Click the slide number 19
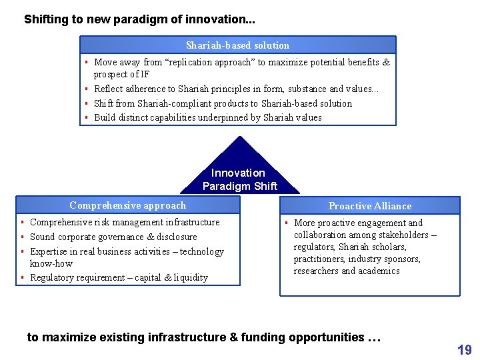[464, 349]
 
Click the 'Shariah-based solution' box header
[237, 45]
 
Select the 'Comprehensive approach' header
[127, 205]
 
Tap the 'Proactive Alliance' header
[370, 206]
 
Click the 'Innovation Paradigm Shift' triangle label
[239, 179]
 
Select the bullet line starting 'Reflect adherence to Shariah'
[236, 89]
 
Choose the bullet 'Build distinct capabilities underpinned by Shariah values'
[207, 117]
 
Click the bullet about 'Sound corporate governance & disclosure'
[113, 237]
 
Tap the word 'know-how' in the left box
[51, 263]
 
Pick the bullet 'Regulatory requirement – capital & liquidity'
[119, 277]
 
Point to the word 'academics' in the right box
[377, 271]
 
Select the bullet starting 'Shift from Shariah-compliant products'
[223, 103]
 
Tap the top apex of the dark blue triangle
[239, 137]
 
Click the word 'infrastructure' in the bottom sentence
[187, 337]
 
